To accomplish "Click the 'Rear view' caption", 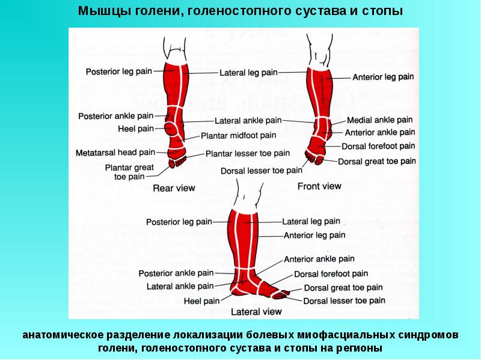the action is (x=174, y=188).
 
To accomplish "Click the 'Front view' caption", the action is (x=319, y=186).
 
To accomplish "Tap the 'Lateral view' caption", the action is (x=257, y=312).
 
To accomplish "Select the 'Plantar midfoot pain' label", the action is (x=239, y=136).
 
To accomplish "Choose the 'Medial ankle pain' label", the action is (x=380, y=120).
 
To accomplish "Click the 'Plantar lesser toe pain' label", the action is (x=248, y=154).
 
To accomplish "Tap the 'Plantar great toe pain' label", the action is (x=129, y=172).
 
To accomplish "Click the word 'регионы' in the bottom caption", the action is (x=358, y=348).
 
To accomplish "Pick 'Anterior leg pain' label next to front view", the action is (x=383, y=77).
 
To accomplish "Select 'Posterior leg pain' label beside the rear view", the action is (x=118, y=71).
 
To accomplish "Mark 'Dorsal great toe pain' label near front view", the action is (x=377, y=161).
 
